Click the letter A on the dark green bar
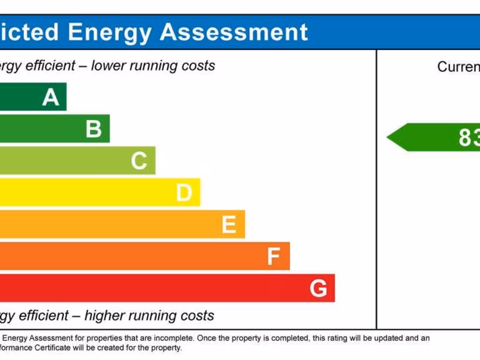click(x=51, y=97)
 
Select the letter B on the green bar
click(x=94, y=129)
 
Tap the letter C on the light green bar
click(x=139, y=161)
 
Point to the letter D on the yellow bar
click(x=184, y=193)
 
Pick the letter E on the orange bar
click(x=229, y=225)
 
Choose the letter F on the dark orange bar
click(x=273, y=256)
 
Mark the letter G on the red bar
click(x=318, y=288)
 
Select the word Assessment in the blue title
click(x=234, y=32)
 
